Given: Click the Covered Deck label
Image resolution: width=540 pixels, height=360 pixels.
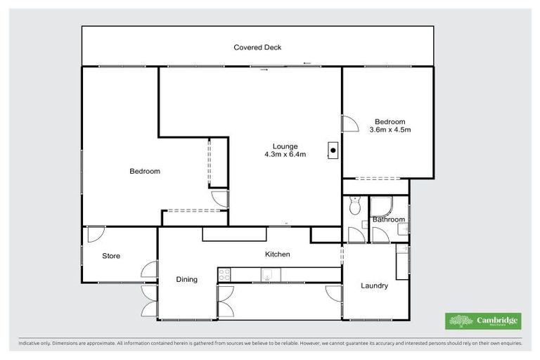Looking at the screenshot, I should pyautogui.click(x=257, y=48).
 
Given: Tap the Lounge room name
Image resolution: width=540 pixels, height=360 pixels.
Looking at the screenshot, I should pyautogui.click(x=285, y=146).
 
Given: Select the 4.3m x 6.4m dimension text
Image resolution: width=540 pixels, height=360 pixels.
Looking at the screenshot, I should pyautogui.click(x=285, y=155).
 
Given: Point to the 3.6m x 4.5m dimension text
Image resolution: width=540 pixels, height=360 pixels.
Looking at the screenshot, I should pyautogui.click(x=390, y=129).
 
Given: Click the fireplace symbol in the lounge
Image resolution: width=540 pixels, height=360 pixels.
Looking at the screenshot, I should pyautogui.click(x=333, y=150).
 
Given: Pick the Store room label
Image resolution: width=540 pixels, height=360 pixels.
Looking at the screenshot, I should pyautogui.click(x=111, y=256).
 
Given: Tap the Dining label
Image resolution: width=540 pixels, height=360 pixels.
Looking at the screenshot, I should pyautogui.click(x=187, y=279).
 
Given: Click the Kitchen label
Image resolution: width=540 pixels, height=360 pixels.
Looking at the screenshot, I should pyautogui.click(x=277, y=254).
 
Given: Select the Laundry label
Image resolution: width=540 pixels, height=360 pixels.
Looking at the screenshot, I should pyautogui.click(x=374, y=285).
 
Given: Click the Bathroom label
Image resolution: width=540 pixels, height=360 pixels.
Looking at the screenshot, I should pyautogui.click(x=389, y=219).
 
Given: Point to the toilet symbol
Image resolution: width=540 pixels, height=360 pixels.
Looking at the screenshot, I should pyautogui.click(x=354, y=205).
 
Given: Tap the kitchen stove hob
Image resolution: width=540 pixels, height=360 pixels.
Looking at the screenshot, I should pyautogui.click(x=225, y=275).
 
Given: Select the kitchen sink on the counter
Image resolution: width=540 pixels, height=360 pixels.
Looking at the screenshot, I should pyautogui.click(x=268, y=276).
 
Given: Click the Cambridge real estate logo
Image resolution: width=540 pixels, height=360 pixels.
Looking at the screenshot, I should pyautogui.click(x=483, y=321).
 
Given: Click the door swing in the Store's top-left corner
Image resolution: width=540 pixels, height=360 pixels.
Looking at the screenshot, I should pyautogui.click(x=96, y=233).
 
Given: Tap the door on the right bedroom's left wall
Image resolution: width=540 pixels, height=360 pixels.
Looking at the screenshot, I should pyautogui.click(x=349, y=124).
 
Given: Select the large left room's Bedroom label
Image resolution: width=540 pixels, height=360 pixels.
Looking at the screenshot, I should pyautogui.click(x=145, y=171).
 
